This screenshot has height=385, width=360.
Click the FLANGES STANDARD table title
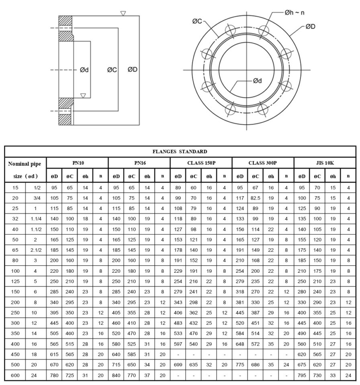click(x=180, y=152)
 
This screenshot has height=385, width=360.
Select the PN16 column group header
click(x=139, y=163)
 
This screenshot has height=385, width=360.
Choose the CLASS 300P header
click(x=263, y=163)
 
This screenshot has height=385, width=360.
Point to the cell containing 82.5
click(x=255, y=198)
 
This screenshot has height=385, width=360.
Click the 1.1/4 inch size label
click(x=35, y=219)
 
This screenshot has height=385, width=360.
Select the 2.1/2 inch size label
click(x=35, y=250)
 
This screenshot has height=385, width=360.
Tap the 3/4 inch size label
click(x=35, y=198)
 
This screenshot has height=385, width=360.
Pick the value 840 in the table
click(x=116, y=375)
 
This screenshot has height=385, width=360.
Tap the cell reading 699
click(x=178, y=365)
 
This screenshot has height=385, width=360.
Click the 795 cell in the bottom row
click(x=302, y=375)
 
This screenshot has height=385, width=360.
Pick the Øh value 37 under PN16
click(x=147, y=375)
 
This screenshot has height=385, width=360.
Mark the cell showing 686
click(x=255, y=365)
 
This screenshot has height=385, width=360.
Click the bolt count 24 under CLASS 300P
click(x=286, y=365)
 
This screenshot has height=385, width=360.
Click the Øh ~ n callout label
click(x=295, y=13)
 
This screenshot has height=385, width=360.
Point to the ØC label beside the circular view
click(x=196, y=21)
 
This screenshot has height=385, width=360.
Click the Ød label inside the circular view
click(x=258, y=81)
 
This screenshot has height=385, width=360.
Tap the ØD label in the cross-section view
click(x=133, y=70)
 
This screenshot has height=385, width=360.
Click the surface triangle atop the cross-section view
click(x=123, y=13)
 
